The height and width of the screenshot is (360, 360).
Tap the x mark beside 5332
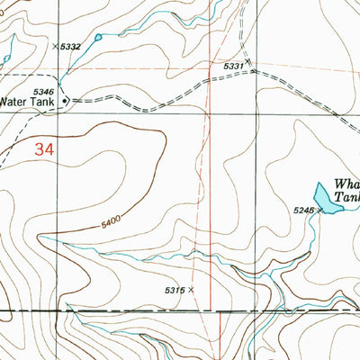coord(55,45)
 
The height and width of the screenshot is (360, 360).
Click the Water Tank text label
coord(31,102)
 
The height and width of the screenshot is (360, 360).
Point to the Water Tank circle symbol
coord(66,102)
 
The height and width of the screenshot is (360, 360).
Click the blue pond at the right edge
coord(327,199)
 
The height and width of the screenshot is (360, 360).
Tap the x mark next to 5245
coord(319,210)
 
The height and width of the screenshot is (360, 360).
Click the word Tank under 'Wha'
coord(347,194)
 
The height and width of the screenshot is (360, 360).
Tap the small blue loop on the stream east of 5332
coord(97,37)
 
